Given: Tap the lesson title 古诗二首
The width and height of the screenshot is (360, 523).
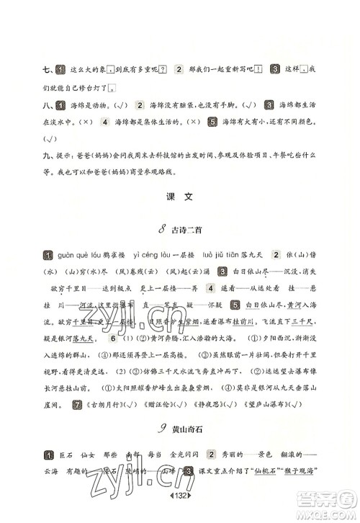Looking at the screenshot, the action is (189, 230).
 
